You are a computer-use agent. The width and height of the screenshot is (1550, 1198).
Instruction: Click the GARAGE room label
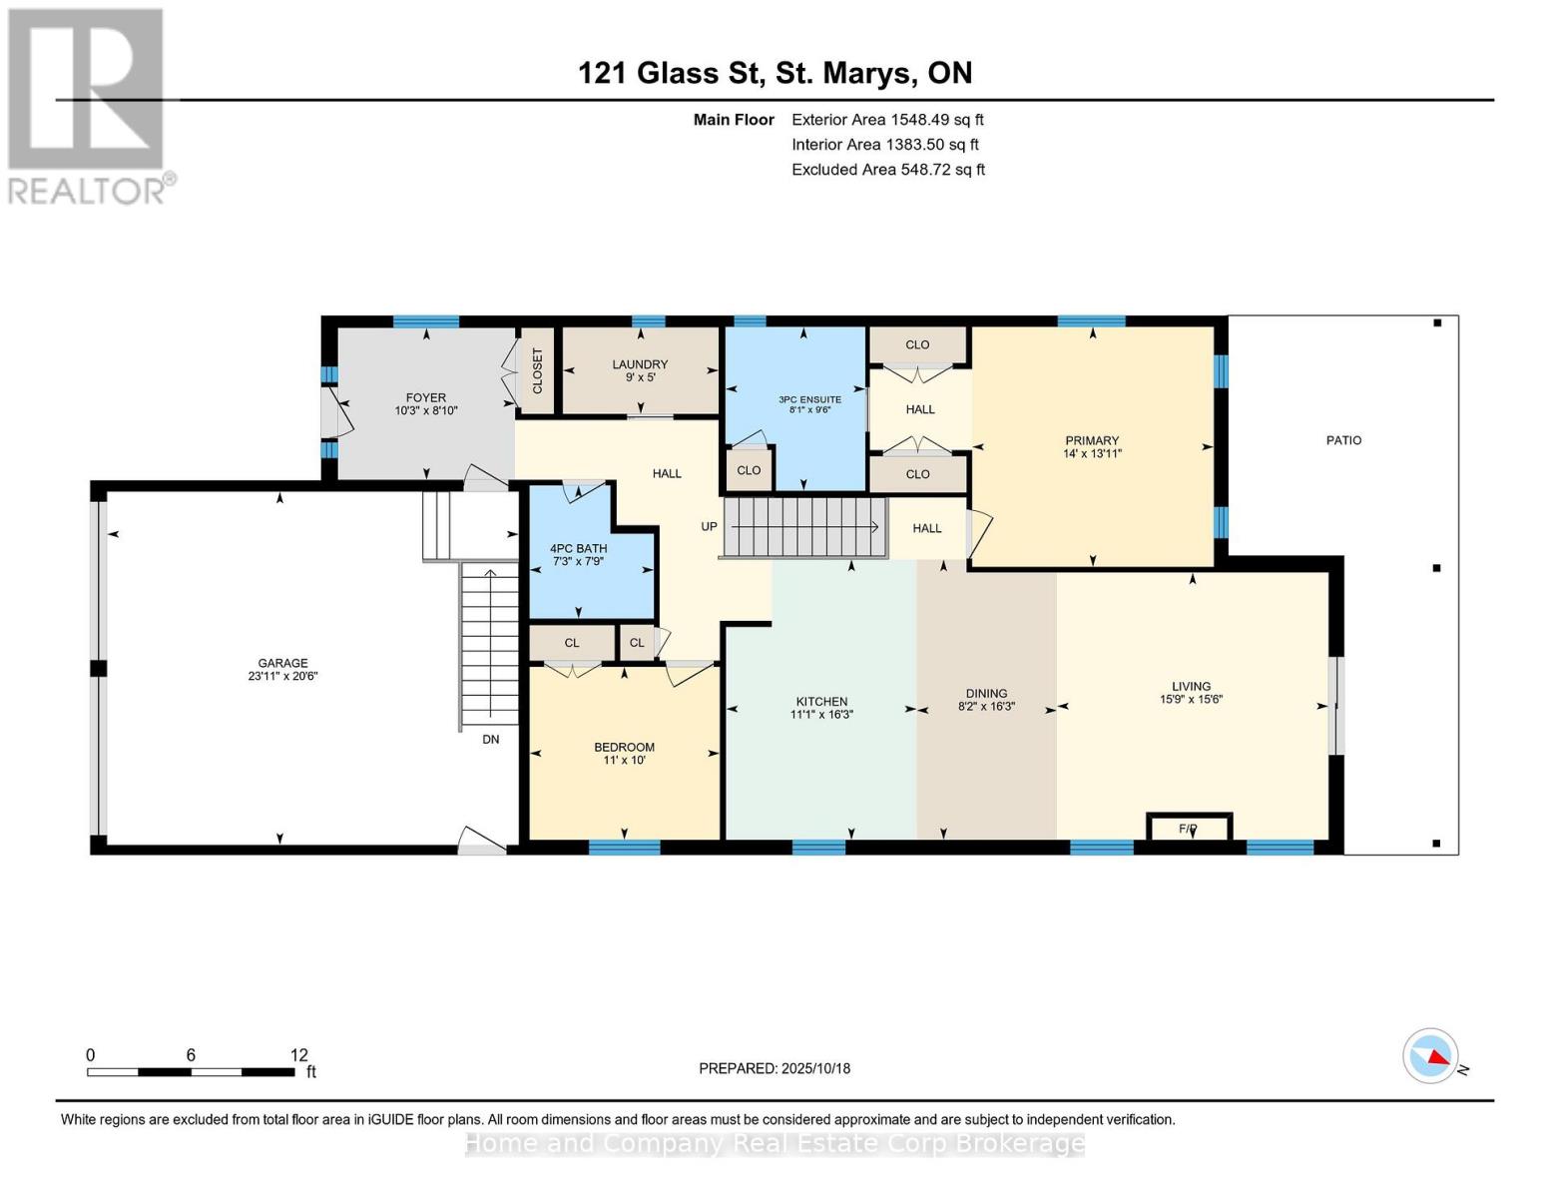(x=282, y=663)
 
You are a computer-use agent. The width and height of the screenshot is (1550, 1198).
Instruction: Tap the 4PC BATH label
(x=579, y=548)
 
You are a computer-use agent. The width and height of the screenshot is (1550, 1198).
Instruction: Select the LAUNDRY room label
(x=640, y=364)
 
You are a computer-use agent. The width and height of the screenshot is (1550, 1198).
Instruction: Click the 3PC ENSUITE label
(x=809, y=399)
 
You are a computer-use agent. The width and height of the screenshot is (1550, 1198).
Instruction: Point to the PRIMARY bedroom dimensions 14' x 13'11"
(x=1092, y=453)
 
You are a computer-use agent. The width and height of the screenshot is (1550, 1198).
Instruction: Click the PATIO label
(x=1343, y=440)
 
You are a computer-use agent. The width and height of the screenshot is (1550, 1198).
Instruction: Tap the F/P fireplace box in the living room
(x=1188, y=829)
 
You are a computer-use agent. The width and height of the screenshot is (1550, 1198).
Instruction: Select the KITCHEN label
(x=821, y=701)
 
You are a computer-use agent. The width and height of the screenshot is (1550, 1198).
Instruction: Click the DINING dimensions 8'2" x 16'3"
(x=986, y=707)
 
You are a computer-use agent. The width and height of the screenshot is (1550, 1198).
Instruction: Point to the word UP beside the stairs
(x=709, y=526)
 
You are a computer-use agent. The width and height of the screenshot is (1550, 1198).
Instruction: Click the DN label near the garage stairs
(x=490, y=740)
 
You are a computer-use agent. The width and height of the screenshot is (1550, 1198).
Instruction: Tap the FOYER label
(x=426, y=397)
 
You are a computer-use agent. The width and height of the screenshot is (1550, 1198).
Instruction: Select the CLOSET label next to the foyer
(x=537, y=370)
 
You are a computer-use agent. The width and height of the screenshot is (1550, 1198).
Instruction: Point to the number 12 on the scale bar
(x=299, y=1055)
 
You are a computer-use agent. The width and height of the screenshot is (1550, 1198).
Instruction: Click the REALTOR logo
(x=88, y=105)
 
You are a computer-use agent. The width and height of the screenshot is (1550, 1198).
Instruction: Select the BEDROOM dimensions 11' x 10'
(x=624, y=761)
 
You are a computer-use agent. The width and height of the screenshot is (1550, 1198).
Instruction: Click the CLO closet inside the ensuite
(x=749, y=470)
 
